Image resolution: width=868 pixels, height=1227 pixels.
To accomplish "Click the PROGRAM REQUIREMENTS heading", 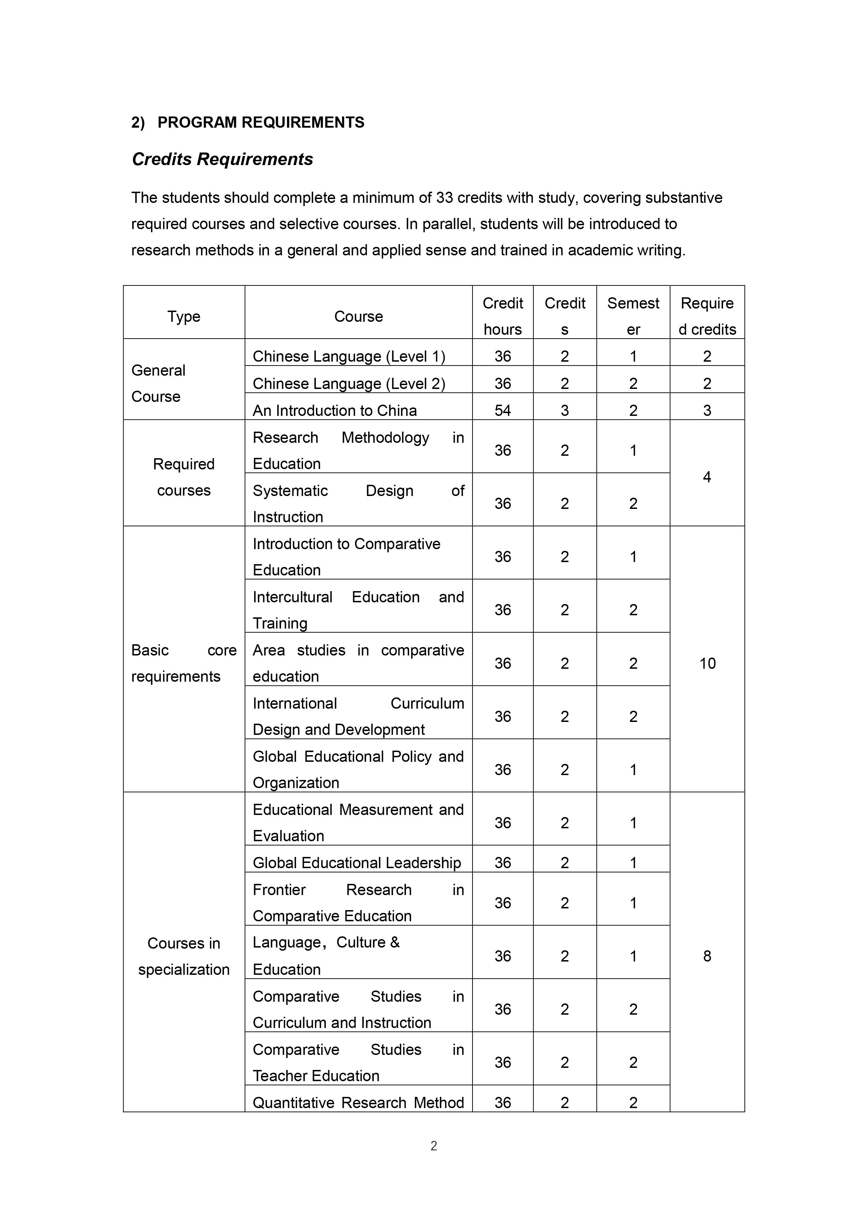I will tap(260, 122).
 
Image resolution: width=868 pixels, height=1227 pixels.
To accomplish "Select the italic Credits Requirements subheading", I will tap(223, 159).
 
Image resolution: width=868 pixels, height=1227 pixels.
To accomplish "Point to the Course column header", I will tap(358, 317).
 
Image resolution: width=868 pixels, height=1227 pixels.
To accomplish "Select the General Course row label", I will tap(158, 383).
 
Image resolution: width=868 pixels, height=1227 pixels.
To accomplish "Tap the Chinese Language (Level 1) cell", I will tap(349, 356).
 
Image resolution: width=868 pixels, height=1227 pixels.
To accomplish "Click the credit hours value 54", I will tap(503, 410).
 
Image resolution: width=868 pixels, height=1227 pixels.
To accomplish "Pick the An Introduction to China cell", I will tap(335, 410).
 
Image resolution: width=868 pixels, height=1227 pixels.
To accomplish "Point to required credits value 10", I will tap(707, 663).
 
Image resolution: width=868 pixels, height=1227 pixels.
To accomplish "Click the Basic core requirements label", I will tap(183, 663).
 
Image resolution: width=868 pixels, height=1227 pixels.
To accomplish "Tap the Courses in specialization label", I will tap(183, 956).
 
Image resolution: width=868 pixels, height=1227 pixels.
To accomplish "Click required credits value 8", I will tap(707, 956).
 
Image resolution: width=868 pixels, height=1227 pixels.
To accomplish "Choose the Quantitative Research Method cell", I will tap(358, 1102).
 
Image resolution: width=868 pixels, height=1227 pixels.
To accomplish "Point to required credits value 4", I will tap(707, 477).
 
